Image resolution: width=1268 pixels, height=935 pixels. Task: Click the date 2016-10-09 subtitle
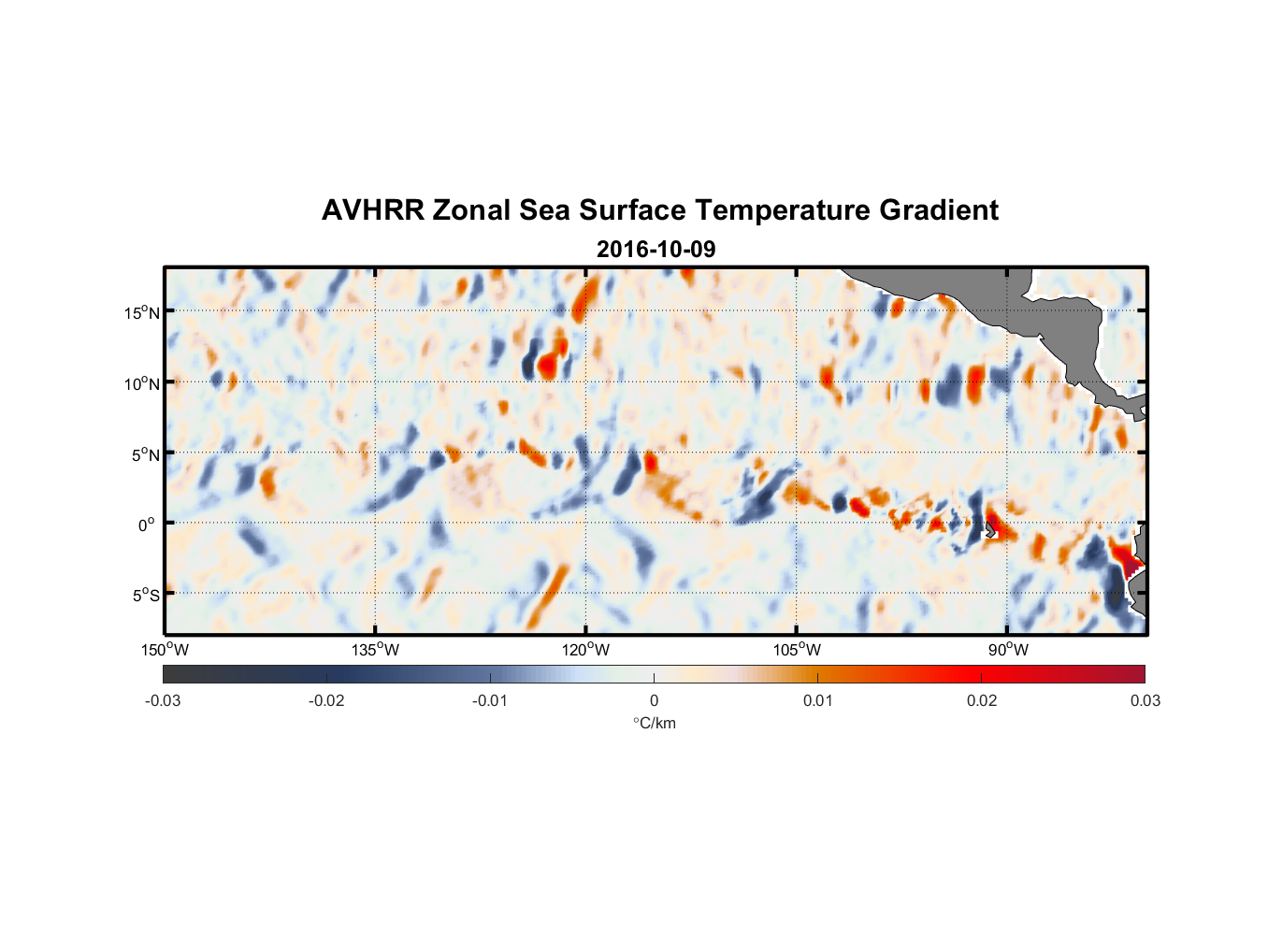[x=656, y=250]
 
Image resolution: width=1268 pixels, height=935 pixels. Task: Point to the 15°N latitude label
[x=142, y=312]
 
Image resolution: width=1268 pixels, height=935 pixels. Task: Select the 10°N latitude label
[x=142, y=383]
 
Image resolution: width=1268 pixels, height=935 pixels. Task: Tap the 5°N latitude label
[x=145, y=454]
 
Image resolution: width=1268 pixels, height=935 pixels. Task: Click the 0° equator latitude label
[x=147, y=525]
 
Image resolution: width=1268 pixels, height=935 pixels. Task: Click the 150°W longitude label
[x=165, y=650]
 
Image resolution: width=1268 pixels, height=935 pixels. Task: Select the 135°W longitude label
[x=376, y=650]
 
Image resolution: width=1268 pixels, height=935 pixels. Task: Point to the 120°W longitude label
[x=586, y=650]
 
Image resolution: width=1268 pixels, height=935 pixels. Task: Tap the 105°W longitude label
[x=797, y=650]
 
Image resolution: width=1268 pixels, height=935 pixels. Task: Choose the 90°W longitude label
[x=1008, y=650]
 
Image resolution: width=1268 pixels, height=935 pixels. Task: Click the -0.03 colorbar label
[x=163, y=700]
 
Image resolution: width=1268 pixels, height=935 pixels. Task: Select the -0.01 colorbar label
[x=490, y=700]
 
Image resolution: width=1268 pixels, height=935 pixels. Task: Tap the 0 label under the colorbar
[x=654, y=700]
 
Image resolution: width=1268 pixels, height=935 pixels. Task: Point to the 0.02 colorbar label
[x=982, y=700]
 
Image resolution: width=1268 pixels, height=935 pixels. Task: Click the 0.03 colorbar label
[x=1145, y=700]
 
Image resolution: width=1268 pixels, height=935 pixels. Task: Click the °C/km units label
[x=654, y=723]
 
